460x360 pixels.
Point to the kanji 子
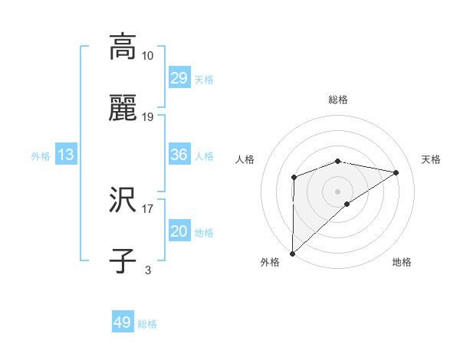coord(123,261)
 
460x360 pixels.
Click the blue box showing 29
coord(179,78)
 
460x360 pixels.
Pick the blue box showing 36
coord(179,155)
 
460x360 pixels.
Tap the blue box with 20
coord(179,231)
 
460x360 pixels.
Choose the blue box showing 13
coord(65,155)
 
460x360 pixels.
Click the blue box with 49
coord(123,322)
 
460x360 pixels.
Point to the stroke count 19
coord(148,116)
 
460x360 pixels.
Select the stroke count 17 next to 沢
coord(148,208)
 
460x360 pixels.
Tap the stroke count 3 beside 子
coord(148,270)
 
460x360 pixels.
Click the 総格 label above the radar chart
coord(338,100)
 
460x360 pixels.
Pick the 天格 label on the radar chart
coord(431,159)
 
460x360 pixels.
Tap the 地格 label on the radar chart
coord(402,262)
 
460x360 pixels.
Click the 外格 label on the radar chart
coord(270,262)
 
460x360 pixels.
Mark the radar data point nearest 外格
coord(292,253)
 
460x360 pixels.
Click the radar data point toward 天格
coord(396,172)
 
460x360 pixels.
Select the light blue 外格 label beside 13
coord(41,155)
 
